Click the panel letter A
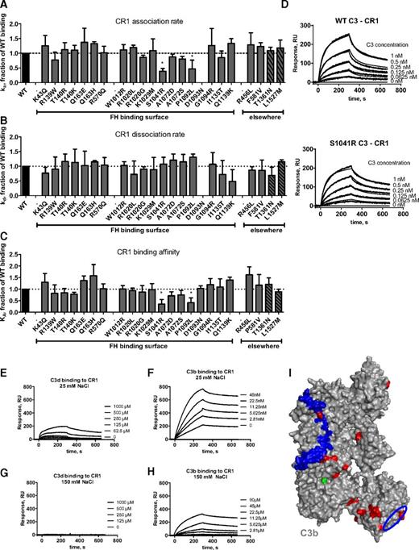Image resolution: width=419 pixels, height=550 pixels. [x=6, y=6]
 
